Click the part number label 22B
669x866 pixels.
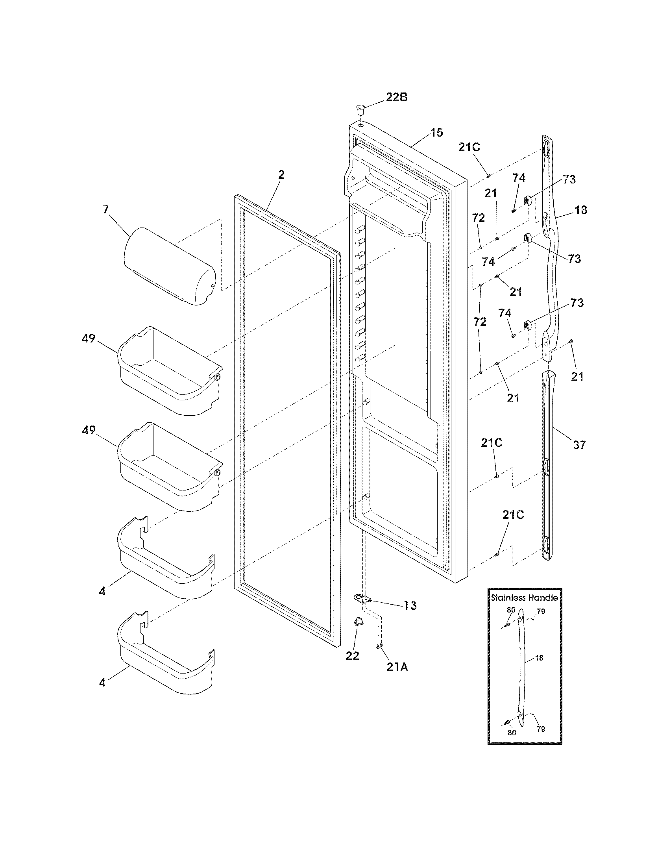pyautogui.click(x=397, y=97)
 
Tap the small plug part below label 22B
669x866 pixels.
pyautogui.click(x=360, y=108)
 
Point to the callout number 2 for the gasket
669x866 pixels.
pyautogui.click(x=281, y=175)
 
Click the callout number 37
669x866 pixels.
pyautogui.click(x=579, y=445)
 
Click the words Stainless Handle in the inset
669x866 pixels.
pyautogui.click(x=524, y=598)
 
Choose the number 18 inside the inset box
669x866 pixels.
pyautogui.click(x=539, y=658)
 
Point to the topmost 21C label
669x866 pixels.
pyautogui.click(x=469, y=147)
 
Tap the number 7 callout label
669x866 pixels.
pyautogui.click(x=105, y=209)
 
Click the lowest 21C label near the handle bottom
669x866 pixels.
pyautogui.click(x=513, y=515)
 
